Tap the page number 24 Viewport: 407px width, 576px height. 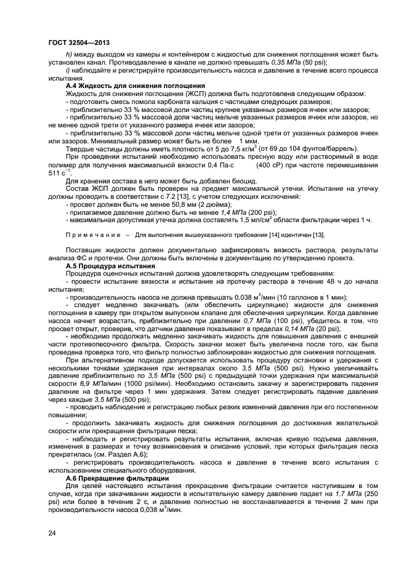tap(52, 532)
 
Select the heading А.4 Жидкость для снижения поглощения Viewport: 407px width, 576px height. tap(118, 86)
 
